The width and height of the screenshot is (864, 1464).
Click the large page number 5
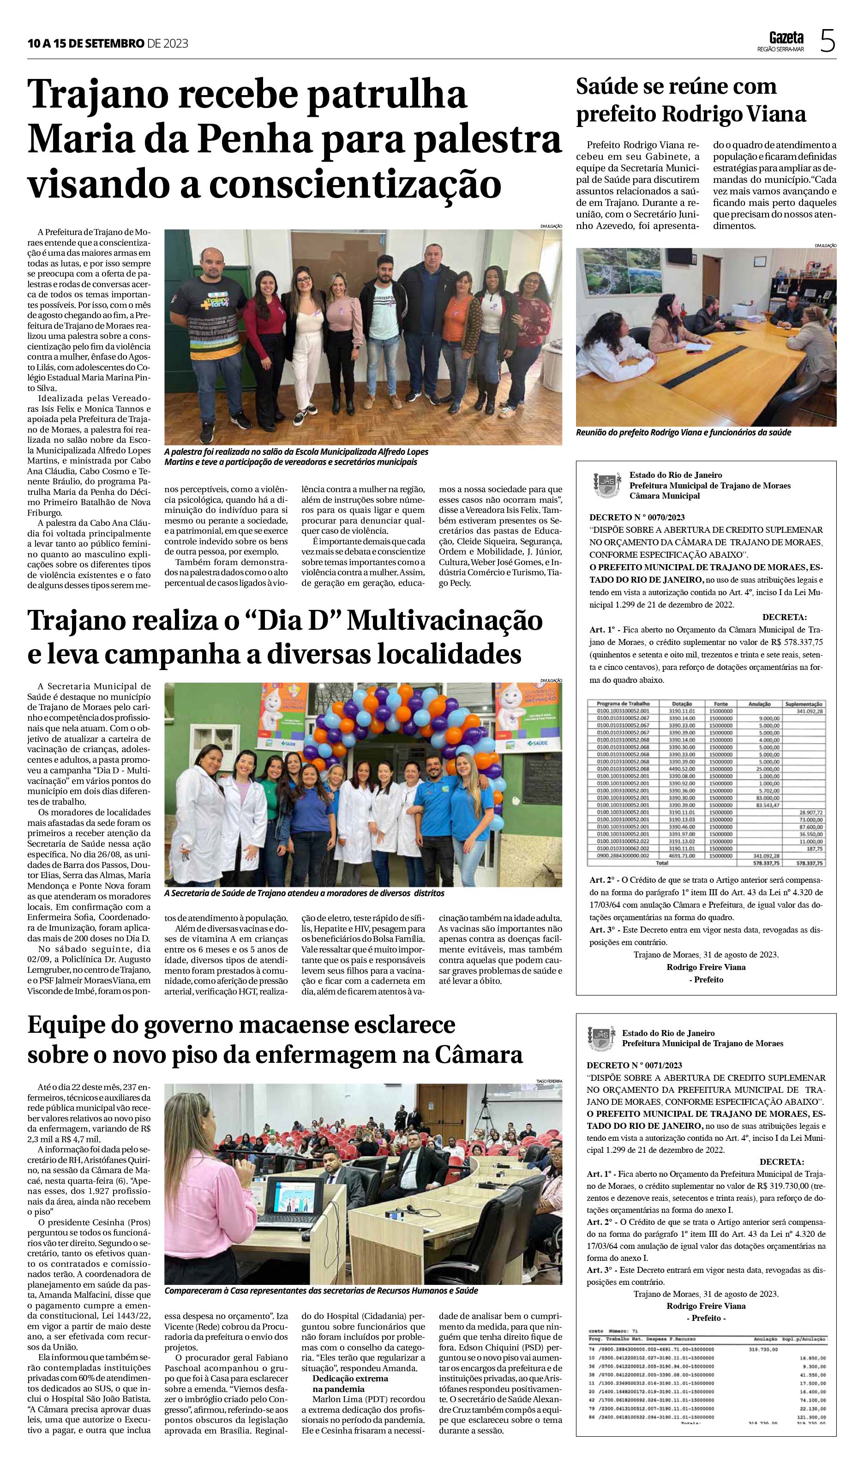click(x=828, y=42)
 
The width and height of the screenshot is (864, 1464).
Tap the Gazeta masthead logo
click(x=786, y=38)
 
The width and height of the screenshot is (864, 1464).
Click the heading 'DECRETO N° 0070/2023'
click(x=637, y=517)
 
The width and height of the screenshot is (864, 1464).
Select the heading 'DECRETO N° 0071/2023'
click(x=635, y=1065)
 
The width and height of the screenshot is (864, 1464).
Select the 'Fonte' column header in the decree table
click(x=722, y=704)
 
